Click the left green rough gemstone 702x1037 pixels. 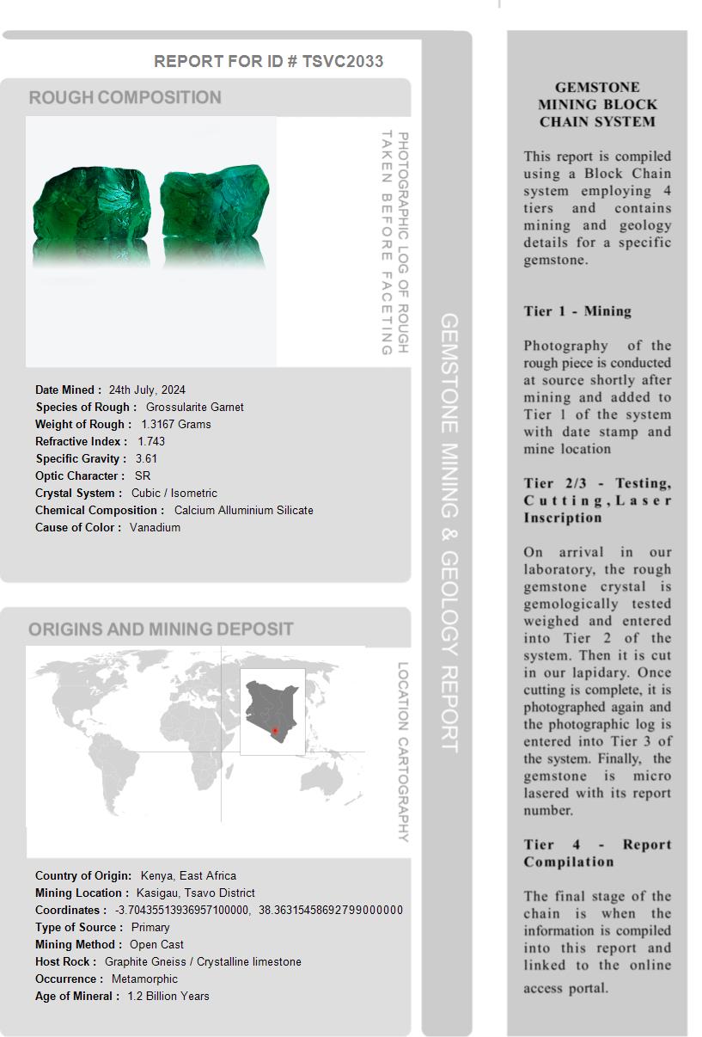(x=91, y=206)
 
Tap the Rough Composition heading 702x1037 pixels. (x=125, y=97)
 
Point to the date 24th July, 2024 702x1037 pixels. (x=147, y=390)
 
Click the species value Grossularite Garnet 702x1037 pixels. (x=194, y=407)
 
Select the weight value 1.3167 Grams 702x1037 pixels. (x=176, y=424)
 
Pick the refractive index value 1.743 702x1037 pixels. (x=151, y=441)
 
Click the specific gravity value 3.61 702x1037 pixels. (x=146, y=458)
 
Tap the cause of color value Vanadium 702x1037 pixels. (x=155, y=527)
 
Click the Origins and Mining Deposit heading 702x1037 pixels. (x=161, y=629)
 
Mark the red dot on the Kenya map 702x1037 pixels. (x=275, y=731)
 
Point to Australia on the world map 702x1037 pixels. (x=329, y=778)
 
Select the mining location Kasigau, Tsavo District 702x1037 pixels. (x=195, y=893)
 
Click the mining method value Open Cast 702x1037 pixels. (x=156, y=944)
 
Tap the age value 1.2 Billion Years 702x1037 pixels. (x=168, y=996)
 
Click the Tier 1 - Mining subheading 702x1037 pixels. (x=577, y=311)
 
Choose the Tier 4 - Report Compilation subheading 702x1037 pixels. (x=597, y=853)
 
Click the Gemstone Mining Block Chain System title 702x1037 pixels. (x=597, y=104)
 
